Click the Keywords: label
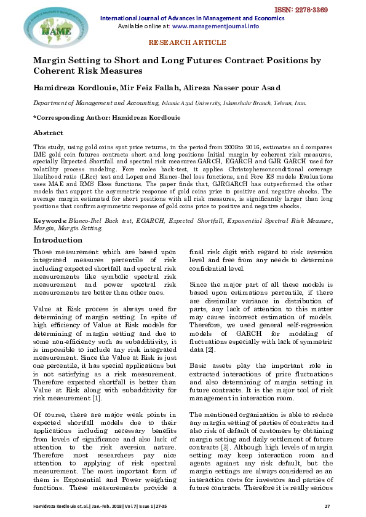[50, 219]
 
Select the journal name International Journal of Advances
[185, 18]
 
